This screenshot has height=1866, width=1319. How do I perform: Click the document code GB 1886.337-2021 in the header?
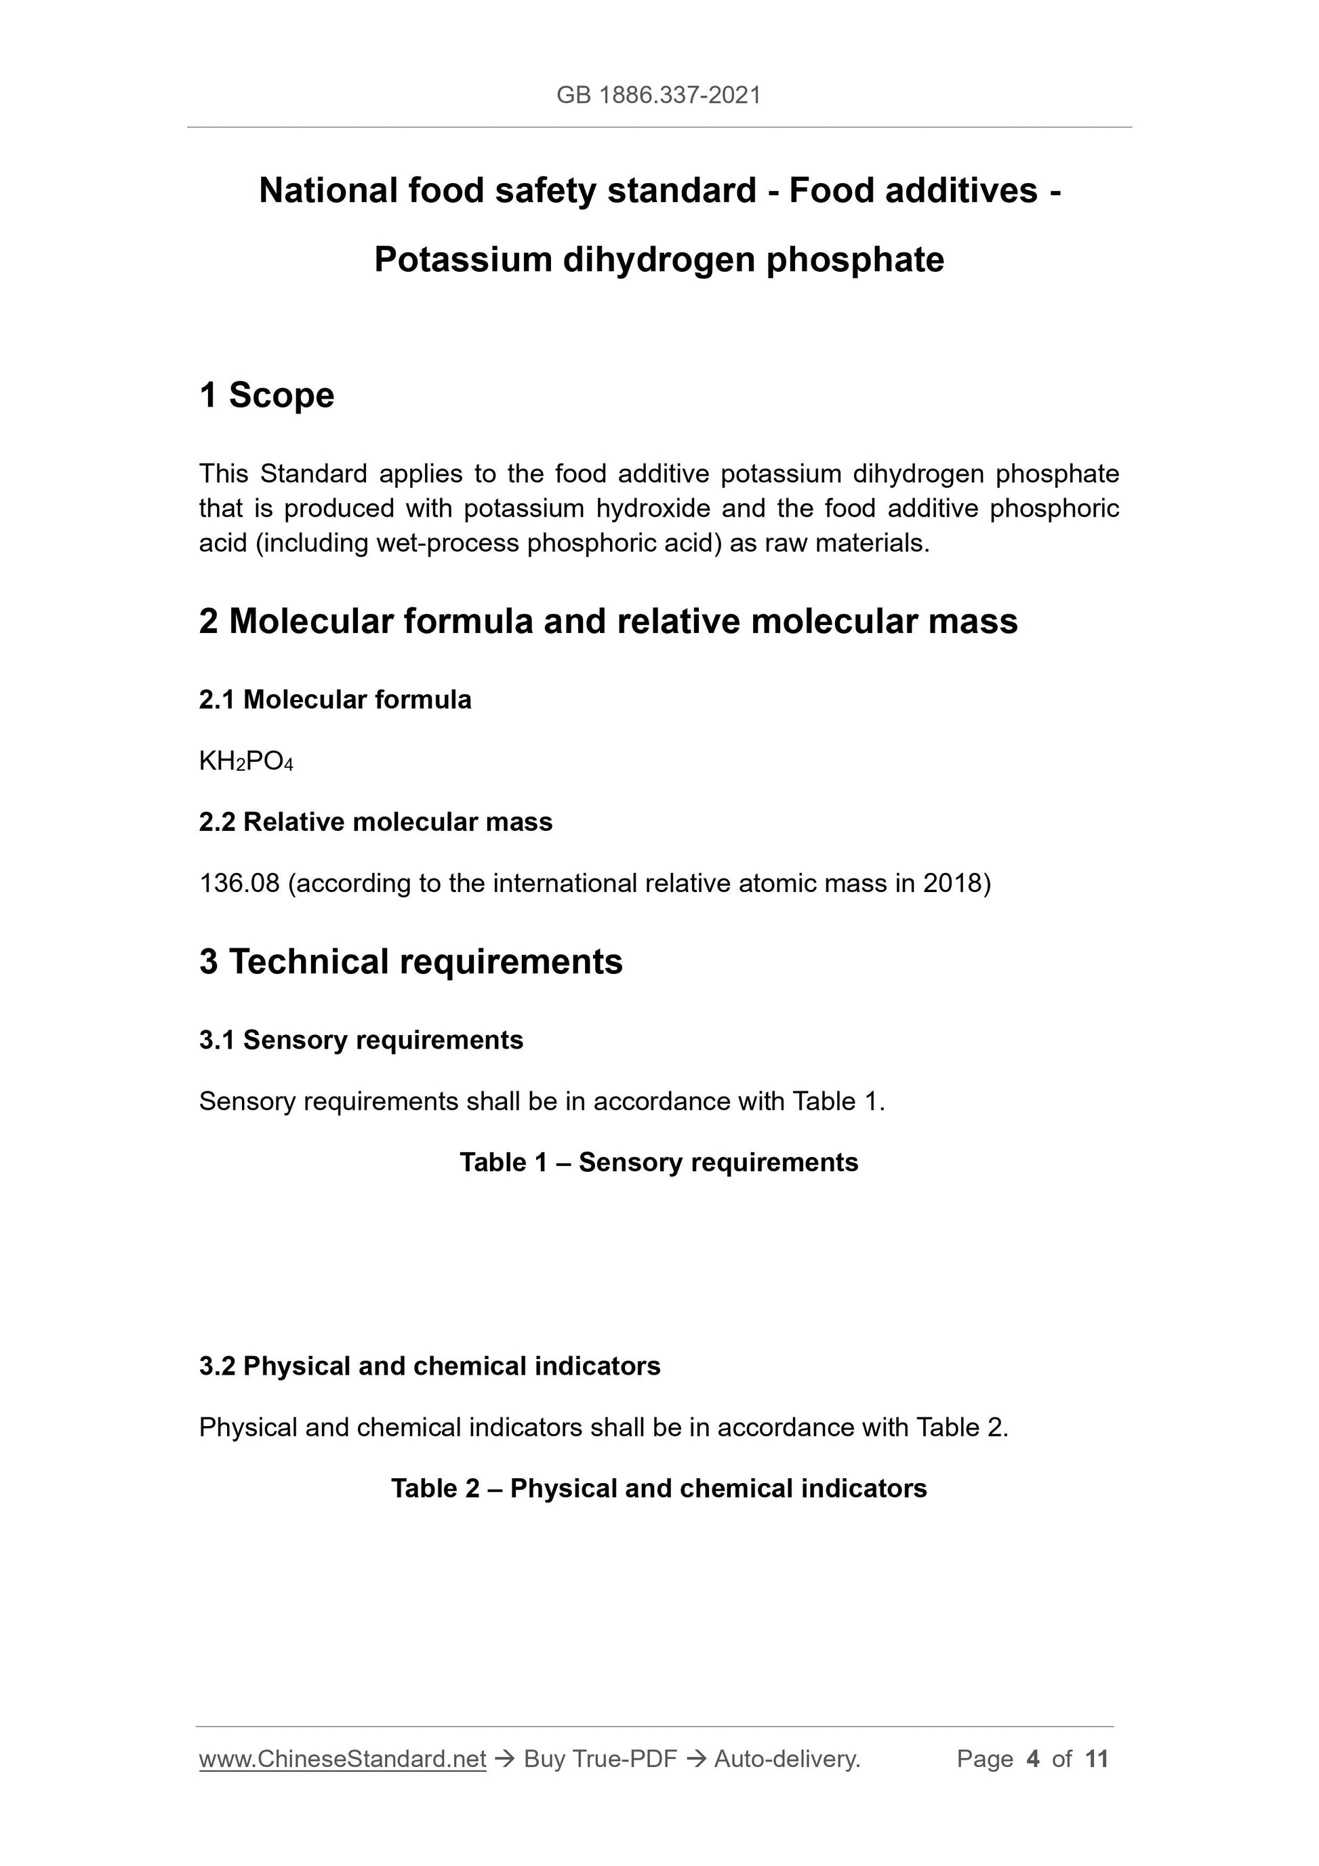pyautogui.click(x=658, y=96)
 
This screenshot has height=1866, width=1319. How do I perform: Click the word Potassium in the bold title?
pyautogui.click(x=462, y=260)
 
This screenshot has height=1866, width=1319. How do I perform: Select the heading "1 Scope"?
pyautogui.click(x=266, y=395)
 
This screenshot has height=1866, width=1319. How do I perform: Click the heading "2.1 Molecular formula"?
pyautogui.click(x=335, y=699)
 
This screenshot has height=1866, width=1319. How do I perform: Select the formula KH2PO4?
pyautogui.click(x=245, y=762)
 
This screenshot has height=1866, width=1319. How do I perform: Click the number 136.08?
pyautogui.click(x=239, y=883)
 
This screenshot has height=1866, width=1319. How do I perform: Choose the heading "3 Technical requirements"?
pyautogui.click(x=411, y=962)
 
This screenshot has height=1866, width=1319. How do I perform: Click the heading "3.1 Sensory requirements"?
pyautogui.click(x=361, y=1040)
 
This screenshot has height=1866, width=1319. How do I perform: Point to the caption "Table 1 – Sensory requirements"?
pyautogui.click(x=658, y=1163)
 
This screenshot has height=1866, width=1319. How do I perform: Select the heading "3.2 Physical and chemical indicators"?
pyautogui.click(x=429, y=1366)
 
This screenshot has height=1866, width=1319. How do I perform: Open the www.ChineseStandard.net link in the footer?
pyautogui.click(x=342, y=1760)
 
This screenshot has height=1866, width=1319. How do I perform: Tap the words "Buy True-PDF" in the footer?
pyautogui.click(x=600, y=1760)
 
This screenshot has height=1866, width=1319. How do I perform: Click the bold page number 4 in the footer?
pyautogui.click(x=1033, y=1760)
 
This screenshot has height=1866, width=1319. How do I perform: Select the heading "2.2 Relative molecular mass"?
pyautogui.click(x=376, y=822)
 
